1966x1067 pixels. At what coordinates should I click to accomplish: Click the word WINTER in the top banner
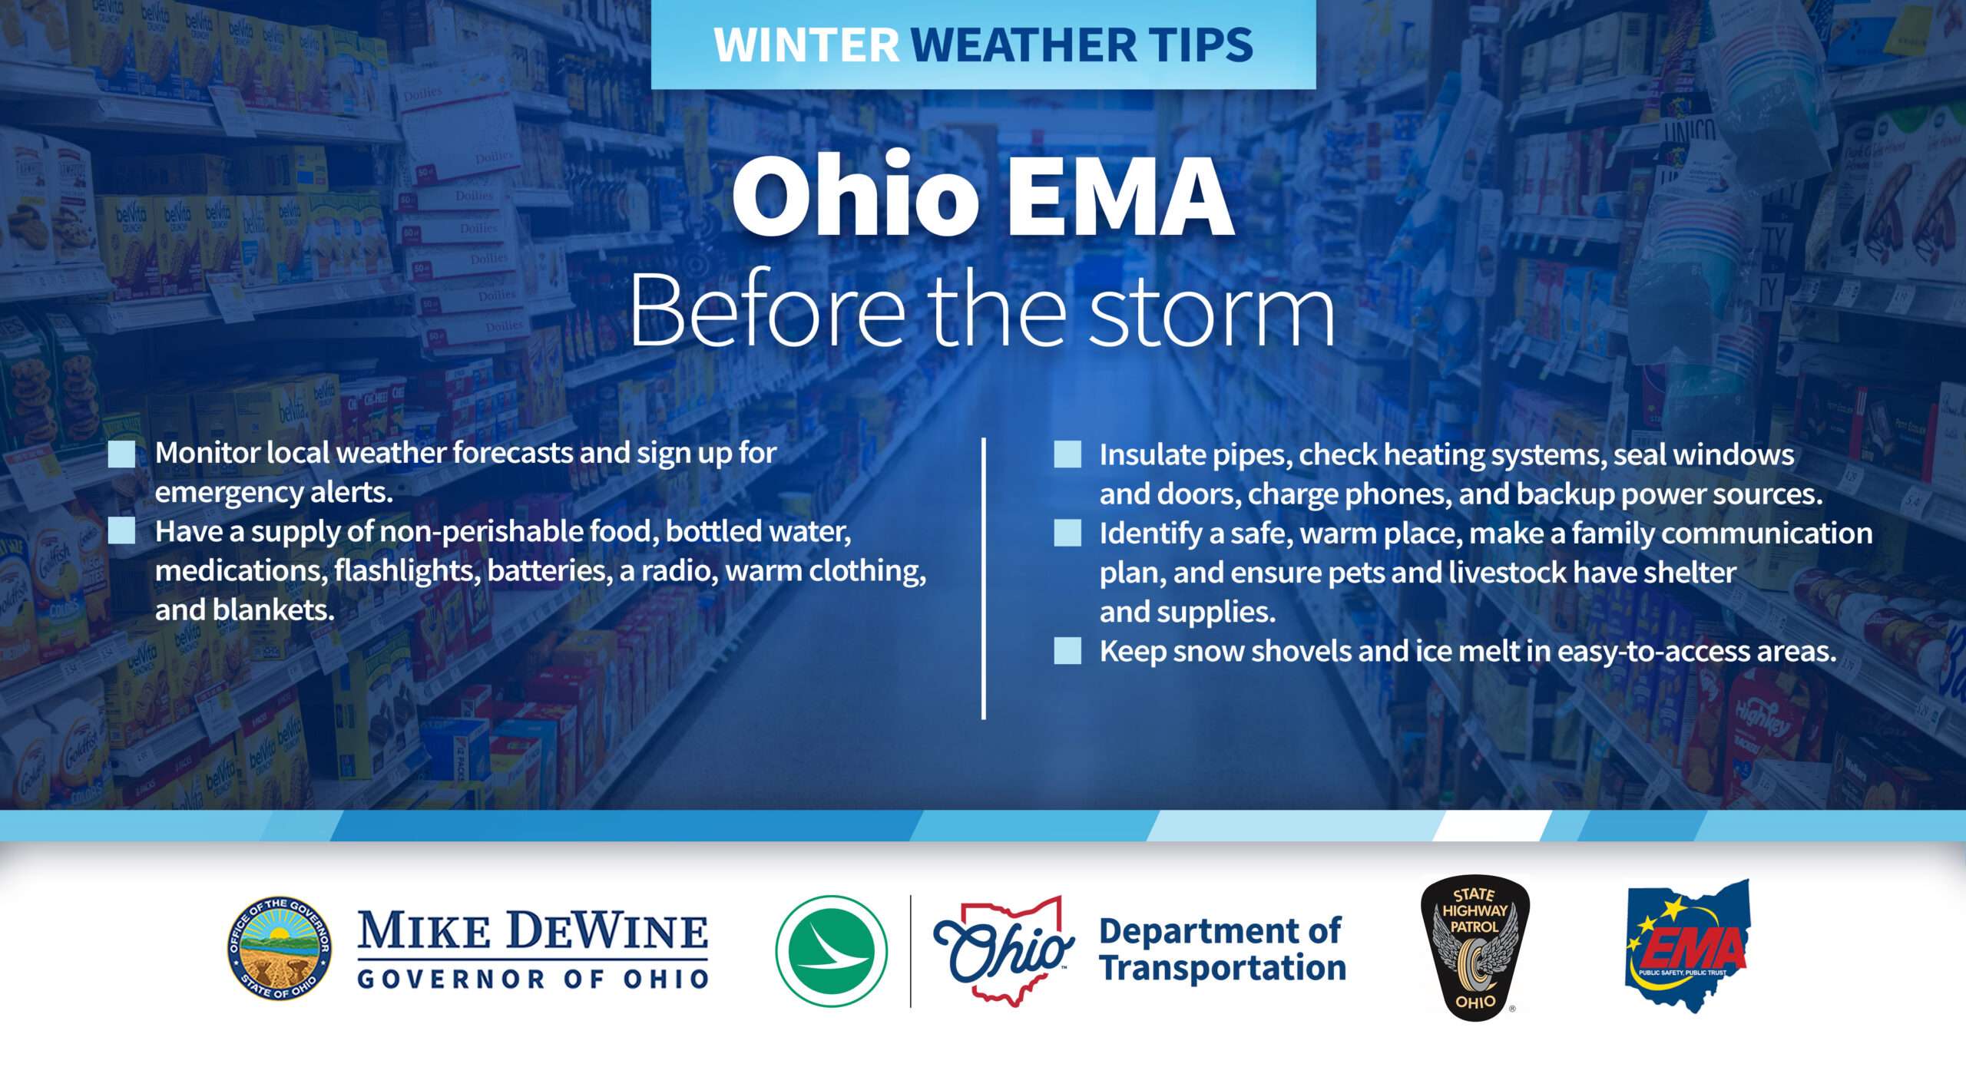point(806,45)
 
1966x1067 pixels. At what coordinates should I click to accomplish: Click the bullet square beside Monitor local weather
point(121,454)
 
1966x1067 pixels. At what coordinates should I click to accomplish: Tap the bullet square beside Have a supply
point(121,530)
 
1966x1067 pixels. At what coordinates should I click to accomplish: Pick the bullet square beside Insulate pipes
point(1067,454)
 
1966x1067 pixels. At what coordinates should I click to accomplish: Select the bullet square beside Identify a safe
point(1067,533)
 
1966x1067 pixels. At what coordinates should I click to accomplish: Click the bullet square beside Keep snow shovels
point(1067,650)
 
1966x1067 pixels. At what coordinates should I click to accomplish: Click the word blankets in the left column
point(273,610)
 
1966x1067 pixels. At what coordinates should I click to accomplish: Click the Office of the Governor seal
point(280,949)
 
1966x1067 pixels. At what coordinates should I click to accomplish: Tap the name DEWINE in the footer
point(607,931)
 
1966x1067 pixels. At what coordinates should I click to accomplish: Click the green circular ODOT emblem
point(832,951)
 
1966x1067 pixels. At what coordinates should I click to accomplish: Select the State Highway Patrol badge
point(1474,949)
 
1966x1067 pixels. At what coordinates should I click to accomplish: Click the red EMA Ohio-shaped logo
point(1688,946)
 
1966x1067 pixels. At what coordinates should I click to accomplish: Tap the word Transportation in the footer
point(1223,969)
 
